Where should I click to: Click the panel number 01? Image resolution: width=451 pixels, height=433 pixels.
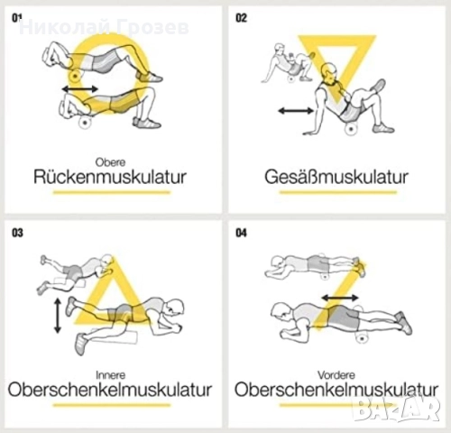[x=17, y=18]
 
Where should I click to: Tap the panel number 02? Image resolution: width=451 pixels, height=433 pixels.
[x=241, y=18]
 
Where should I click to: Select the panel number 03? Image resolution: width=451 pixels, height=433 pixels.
[x=17, y=233]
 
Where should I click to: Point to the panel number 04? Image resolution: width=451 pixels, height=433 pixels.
[x=241, y=233]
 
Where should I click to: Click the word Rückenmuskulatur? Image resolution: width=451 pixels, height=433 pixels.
[x=110, y=177]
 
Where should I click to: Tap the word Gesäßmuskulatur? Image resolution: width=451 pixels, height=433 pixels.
[x=336, y=177]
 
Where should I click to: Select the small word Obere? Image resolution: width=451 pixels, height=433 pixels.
[x=110, y=162]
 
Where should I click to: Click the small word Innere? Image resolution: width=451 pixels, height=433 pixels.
[x=110, y=375]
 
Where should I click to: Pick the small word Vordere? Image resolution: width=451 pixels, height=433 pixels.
[x=336, y=375]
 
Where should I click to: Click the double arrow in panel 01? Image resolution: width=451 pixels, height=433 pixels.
[x=80, y=89]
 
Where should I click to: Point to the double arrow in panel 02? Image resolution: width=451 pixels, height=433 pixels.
[x=296, y=111]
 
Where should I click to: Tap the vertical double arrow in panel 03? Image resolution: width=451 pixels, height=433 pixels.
[x=58, y=316]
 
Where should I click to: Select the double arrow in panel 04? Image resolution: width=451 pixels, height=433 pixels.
[x=340, y=298]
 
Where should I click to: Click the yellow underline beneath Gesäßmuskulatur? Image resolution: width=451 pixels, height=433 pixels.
[x=338, y=192]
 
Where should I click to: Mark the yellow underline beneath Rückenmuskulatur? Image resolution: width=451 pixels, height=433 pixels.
[x=112, y=192]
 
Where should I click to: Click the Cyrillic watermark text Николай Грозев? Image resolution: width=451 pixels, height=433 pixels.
[x=104, y=27]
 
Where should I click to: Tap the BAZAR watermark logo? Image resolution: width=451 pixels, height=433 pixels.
[x=397, y=410]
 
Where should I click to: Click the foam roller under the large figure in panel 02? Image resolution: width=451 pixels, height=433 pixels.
[x=351, y=129]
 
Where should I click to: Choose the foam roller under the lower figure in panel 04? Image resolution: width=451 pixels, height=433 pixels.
[x=362, y=338]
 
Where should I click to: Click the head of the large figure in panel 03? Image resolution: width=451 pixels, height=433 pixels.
[x=173, y=308]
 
